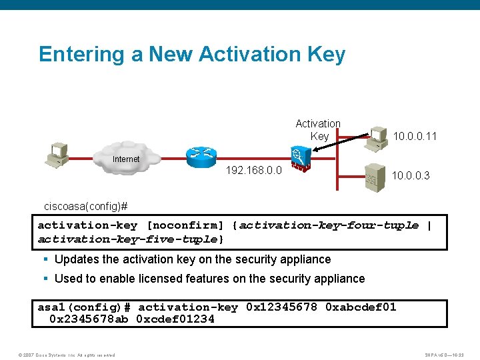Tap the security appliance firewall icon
(x=300, y=161)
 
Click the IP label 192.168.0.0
(x=253, y=171)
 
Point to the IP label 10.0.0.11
(x=415, y=137)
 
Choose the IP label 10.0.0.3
(x=411, y=176)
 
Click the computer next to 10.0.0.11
(x=378, y=137)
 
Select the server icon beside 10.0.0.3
(x=374, y=177)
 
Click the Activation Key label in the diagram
(x=318, y=130)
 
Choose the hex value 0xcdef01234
(x=175, y=319)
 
